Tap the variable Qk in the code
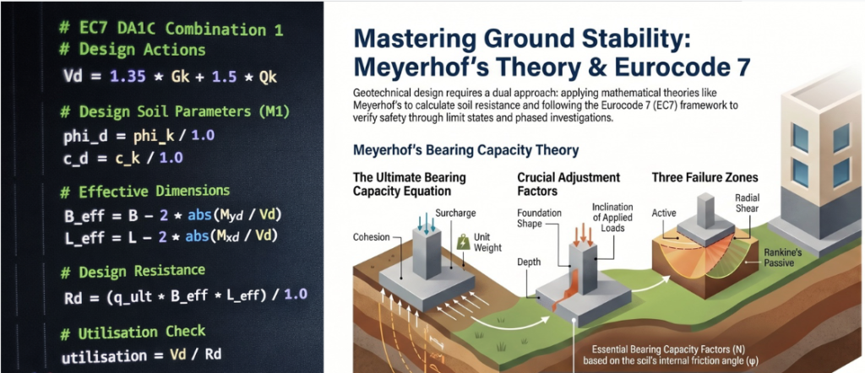tap(268, 77)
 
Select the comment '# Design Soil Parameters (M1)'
tap(175, 112)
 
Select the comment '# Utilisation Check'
tap(133, 332)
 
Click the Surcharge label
tap(455, 212)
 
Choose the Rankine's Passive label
tap(779, 257)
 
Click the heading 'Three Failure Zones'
tap(705, 177)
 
